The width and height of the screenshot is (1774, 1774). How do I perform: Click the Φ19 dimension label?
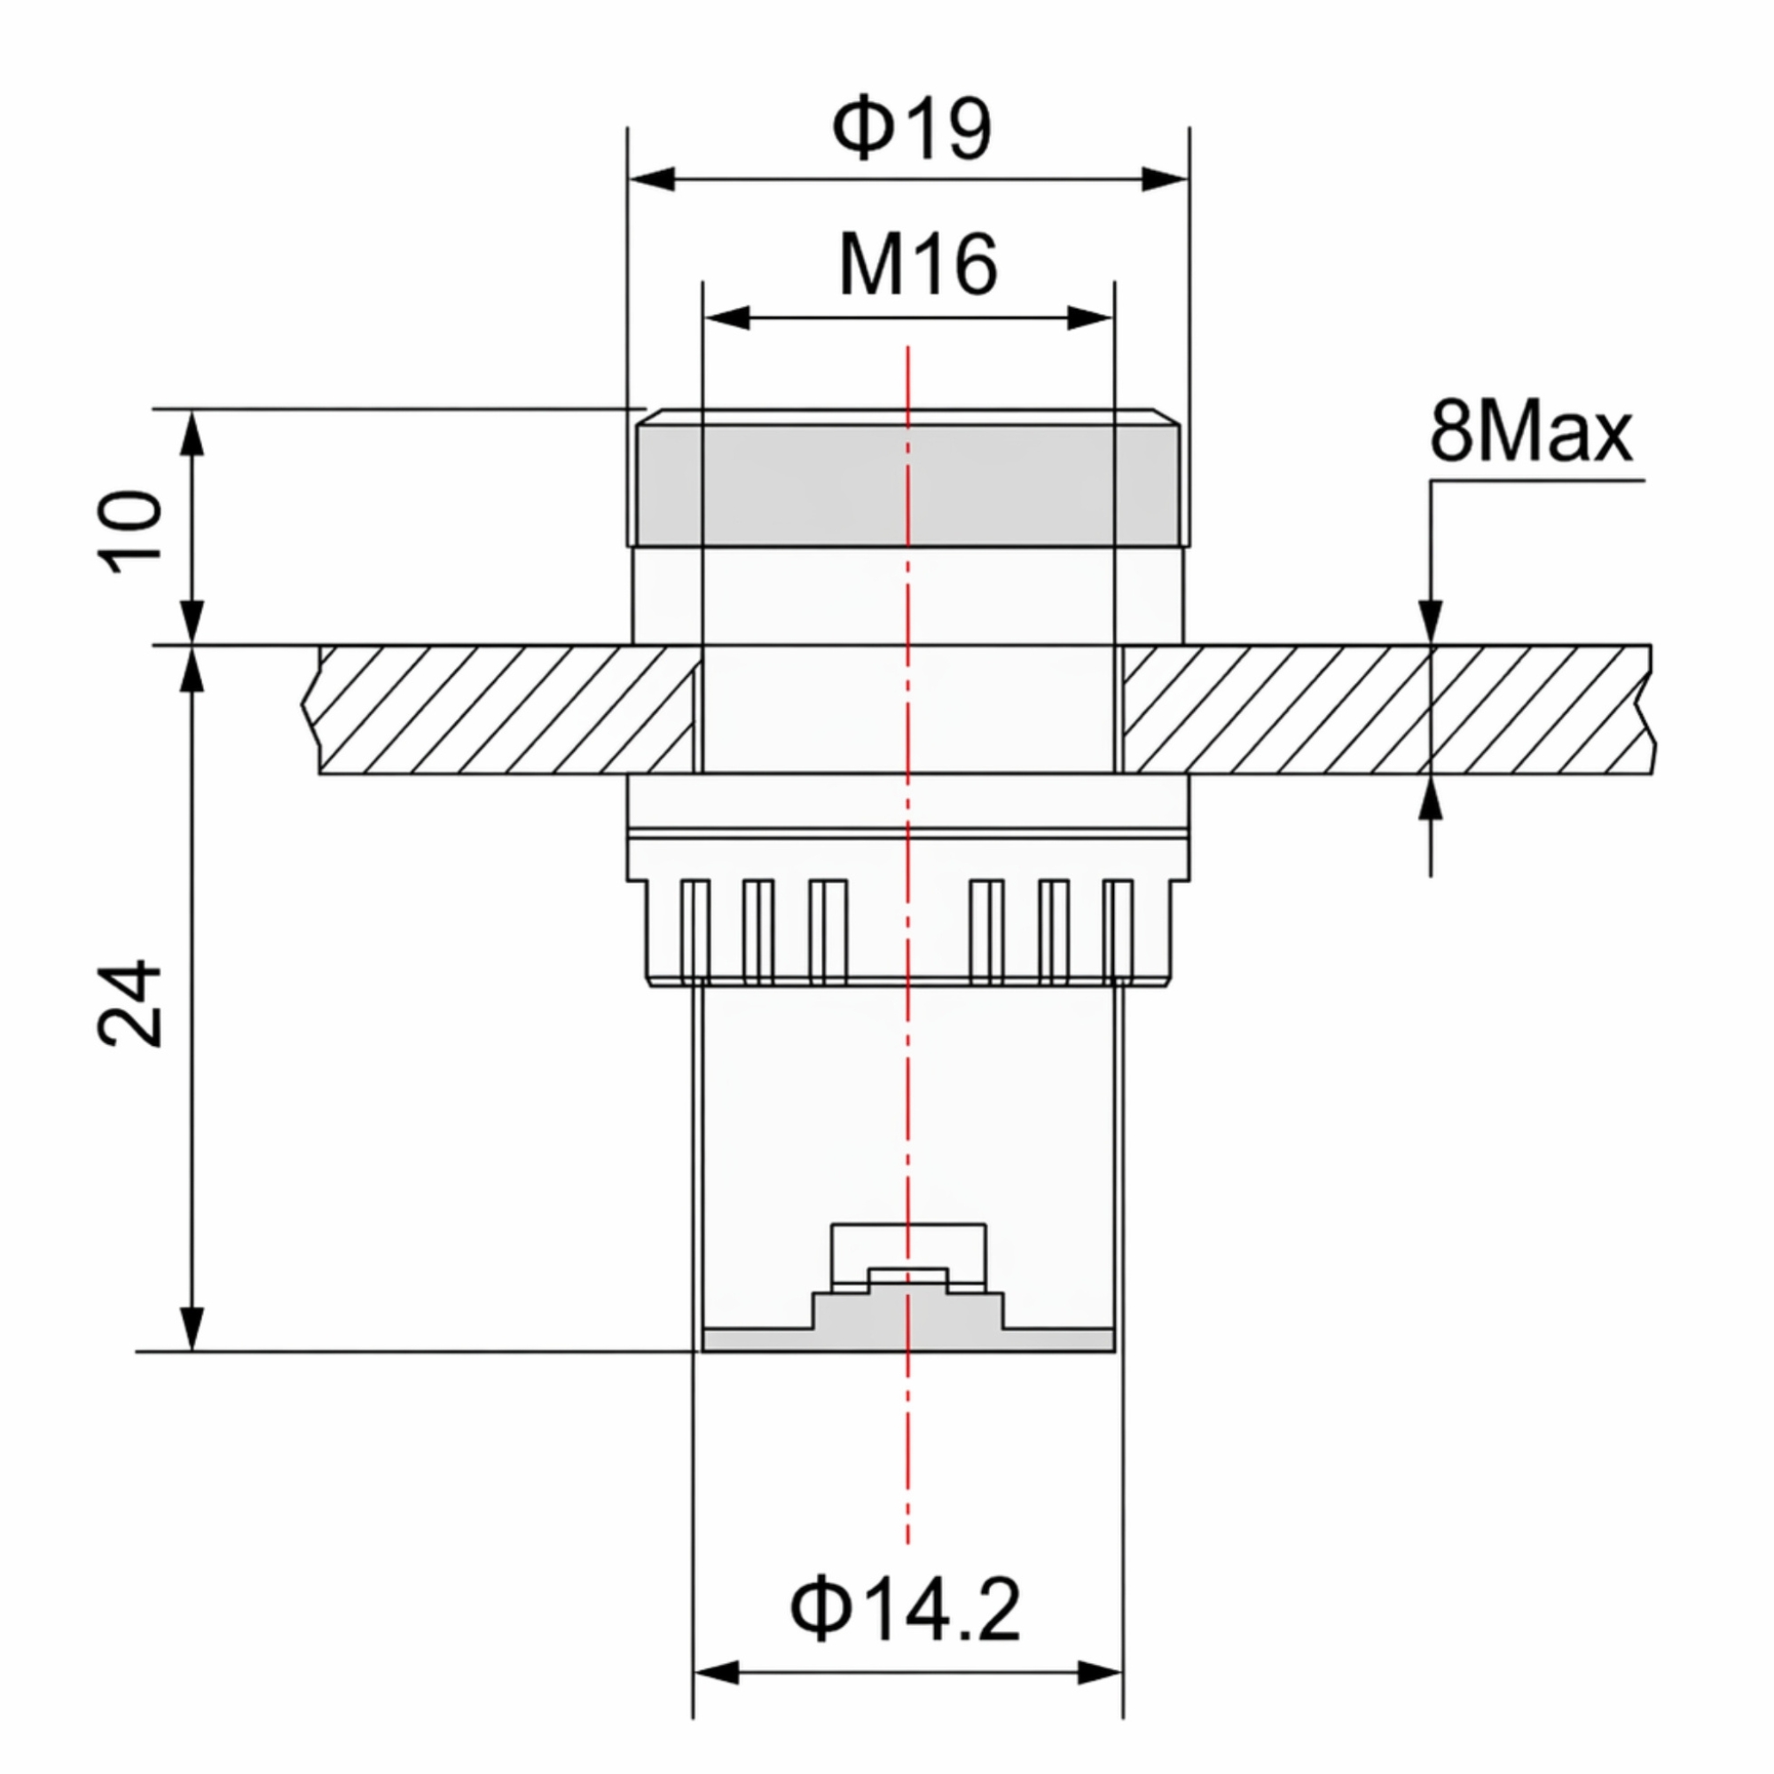tap(912, 129)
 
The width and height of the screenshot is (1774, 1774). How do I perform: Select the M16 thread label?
tap(917, 264)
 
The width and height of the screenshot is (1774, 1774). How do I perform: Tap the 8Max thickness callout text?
tap(1531, 432)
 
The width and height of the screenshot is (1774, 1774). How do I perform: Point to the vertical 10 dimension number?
tap(131, 531)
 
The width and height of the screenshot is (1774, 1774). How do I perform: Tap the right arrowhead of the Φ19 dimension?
tap(1165, 179)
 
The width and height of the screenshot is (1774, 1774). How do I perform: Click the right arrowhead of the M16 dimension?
tap(1090, 318)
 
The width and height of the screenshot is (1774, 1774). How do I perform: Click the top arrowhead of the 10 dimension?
tap(192, 433)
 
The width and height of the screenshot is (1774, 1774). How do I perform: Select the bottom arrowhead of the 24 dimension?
tap(192, 1328)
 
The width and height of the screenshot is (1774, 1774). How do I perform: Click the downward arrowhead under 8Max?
tap(1431, 622)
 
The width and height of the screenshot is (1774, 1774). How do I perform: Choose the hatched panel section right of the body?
tap(1386, 710)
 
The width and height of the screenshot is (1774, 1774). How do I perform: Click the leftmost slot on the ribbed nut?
tap(695, 932)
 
